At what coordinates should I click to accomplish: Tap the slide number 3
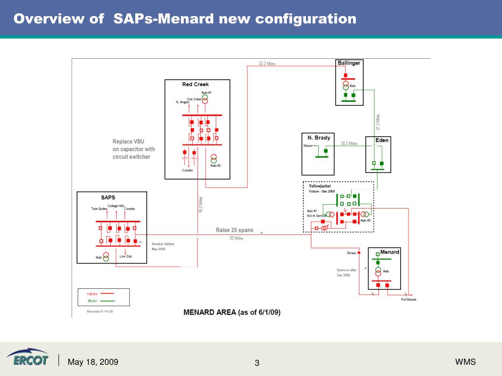point(257,363)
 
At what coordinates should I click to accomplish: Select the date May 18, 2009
point(93,362)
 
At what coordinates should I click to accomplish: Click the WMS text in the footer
point(465,362)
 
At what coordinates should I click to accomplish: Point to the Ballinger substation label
point(349,63)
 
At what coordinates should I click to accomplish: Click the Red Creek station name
point(196,84)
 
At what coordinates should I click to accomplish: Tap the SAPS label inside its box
point(108,198)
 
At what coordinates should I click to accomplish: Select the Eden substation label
point(382,141)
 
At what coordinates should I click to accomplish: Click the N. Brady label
point(319,138)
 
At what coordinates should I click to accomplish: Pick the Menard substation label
point(390,252)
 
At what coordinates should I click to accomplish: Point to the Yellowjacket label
point(320,186)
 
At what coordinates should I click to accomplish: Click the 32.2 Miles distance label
point(267,64)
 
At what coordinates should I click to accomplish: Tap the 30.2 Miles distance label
point(349,143)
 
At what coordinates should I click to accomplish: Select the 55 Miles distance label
point(236,238)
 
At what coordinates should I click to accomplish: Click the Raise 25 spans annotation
point(235,230)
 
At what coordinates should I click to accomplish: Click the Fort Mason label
point(408,300)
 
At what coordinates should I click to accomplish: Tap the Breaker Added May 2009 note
point(163,246)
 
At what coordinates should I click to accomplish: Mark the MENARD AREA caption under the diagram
point(231,312)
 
